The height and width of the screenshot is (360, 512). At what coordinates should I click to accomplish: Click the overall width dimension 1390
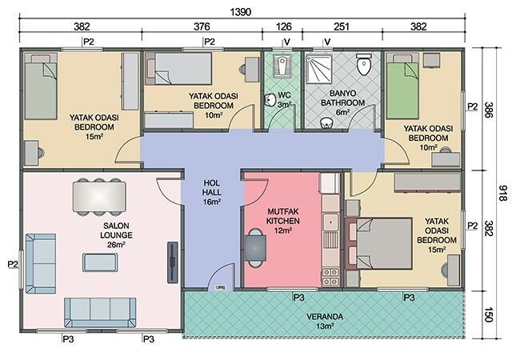click(x=240, y=12)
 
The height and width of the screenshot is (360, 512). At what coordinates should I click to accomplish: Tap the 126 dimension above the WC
click(x=283, y=26)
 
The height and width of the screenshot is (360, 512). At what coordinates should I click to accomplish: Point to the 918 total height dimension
click(x=503, y=193)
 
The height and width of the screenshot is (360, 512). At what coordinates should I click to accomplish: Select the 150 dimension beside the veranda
click(x=488, y=314)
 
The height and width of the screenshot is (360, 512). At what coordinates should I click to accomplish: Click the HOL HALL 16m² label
click(x=211, y=193)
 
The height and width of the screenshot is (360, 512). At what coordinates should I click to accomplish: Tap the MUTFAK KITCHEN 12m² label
click(x=282, y=221)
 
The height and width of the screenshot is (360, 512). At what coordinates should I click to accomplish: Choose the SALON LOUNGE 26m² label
click(x=116, y=235)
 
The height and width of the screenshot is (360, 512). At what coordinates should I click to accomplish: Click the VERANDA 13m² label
click(x=325, y=321)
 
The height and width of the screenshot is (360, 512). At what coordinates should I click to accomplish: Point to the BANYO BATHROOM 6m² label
click(x=342, y=103)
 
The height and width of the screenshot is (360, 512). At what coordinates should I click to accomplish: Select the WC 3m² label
click(x=284, y=100)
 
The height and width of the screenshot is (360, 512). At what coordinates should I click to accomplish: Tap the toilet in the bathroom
click(x=364, y=64)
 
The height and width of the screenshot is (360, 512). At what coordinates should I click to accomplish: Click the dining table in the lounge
click(x=99, y=197)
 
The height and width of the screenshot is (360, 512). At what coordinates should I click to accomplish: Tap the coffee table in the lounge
click(x=100, y=262)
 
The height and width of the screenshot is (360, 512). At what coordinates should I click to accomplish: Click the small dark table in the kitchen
click(x=255, y=248)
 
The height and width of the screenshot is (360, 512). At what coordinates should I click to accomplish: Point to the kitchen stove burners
click(x=330, y=276)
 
